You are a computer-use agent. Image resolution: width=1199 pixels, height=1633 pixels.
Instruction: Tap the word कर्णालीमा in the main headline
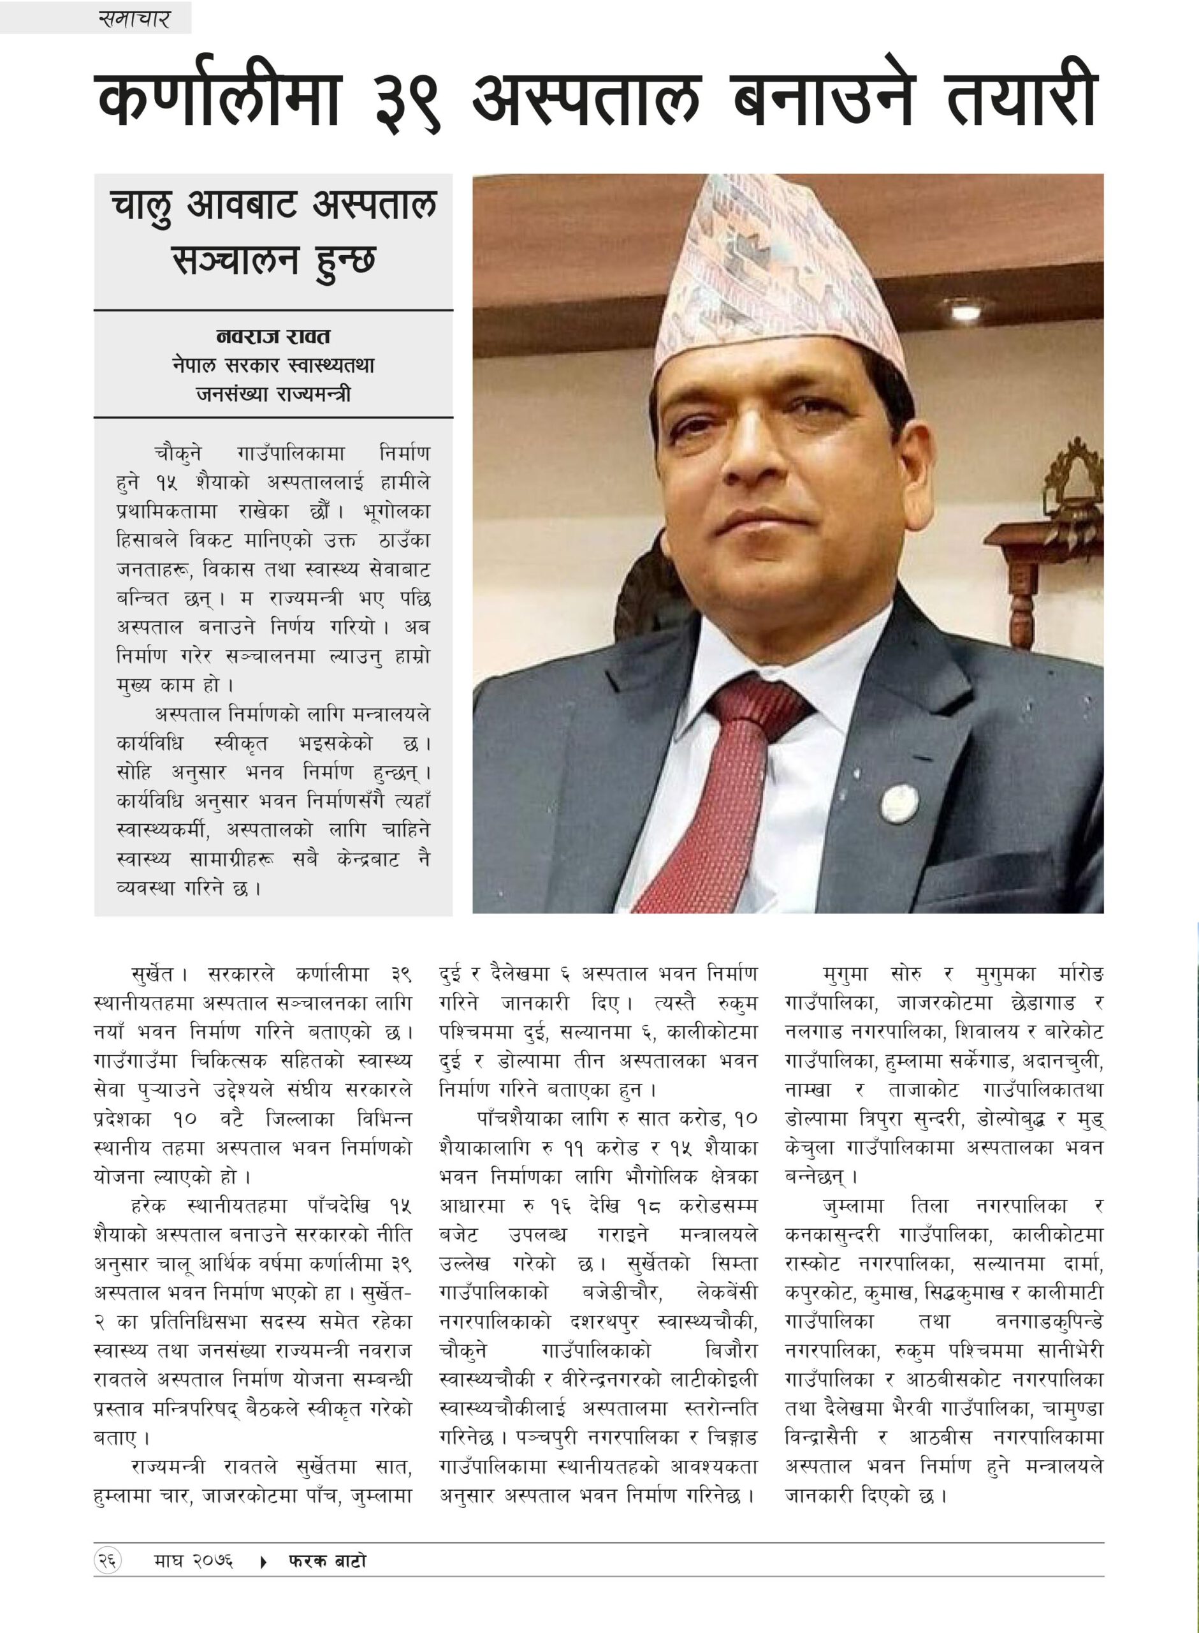pos(218,98)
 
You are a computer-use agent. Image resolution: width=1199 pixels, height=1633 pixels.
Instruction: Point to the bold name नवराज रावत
pos(273,336)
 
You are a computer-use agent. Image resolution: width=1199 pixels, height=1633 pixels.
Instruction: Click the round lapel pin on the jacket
pos(899,802)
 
